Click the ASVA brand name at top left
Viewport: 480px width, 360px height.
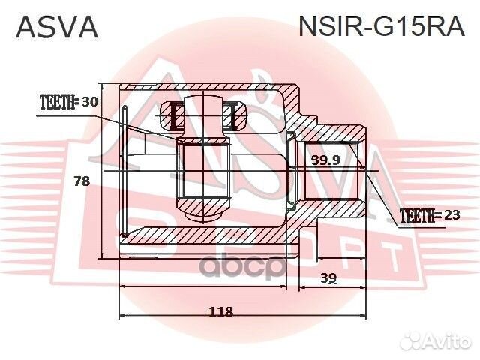tap(57, 27)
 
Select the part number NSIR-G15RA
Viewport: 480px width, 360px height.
tap(382, 27)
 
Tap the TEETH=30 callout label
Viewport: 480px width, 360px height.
tap(68, 103)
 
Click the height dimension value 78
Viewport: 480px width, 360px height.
tap(82, 181)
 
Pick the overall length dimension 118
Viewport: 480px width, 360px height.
tap(220, 310)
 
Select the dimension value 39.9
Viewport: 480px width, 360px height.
tap(325, 160)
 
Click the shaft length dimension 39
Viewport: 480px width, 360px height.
tap(328, 277)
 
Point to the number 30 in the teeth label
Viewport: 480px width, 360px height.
tap(90, 103)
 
